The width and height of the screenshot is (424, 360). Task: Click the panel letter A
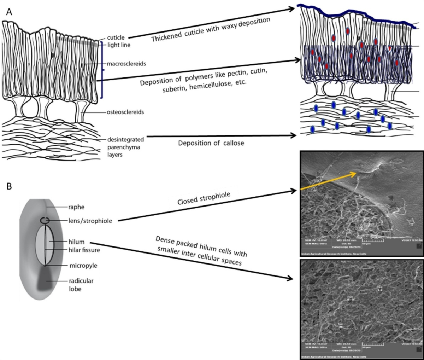10,12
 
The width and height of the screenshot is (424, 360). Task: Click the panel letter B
10,186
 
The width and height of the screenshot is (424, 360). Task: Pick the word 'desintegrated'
123,140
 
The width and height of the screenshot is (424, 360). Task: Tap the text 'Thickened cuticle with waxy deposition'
211,30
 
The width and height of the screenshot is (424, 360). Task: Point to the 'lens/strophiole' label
90,221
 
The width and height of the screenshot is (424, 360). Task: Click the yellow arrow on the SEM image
329,181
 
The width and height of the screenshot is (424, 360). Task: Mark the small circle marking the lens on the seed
45,220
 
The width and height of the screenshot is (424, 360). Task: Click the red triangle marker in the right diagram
389,49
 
